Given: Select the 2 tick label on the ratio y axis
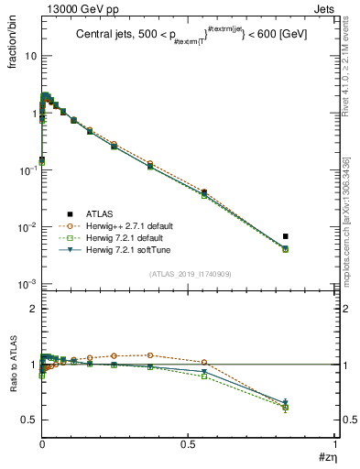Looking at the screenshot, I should [31, 309].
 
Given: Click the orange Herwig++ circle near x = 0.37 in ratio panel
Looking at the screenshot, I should [150, 354].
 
